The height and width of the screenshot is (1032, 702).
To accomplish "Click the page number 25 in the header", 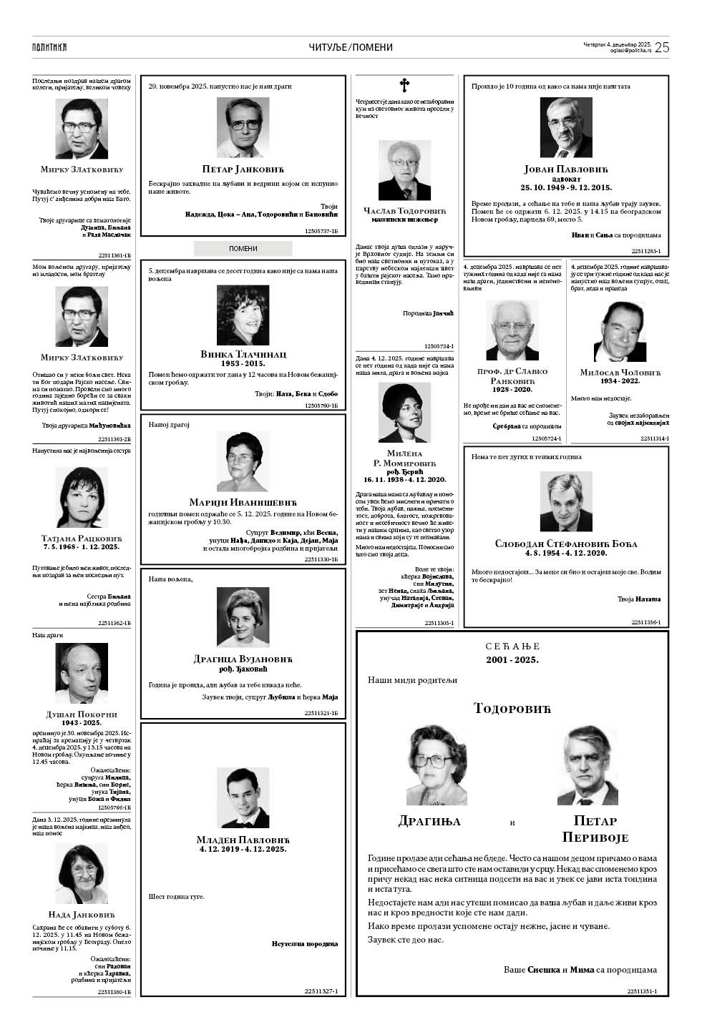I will tap(662, 48).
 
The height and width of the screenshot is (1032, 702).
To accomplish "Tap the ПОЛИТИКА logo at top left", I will tap(49, 48).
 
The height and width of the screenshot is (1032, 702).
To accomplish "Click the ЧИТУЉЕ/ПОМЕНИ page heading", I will tap(351, 48).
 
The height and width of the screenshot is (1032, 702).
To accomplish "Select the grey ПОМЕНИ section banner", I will tap(243, 248).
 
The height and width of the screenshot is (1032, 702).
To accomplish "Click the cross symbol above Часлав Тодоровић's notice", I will tap(404, 86).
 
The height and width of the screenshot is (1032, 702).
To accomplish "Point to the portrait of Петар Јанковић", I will tap(243, 127).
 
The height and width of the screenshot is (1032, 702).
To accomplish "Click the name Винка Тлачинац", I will tap(243, 354).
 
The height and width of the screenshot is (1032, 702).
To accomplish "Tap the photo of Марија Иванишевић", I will tap(243, 458).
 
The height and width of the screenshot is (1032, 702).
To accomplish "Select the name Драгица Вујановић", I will tap(243, 659).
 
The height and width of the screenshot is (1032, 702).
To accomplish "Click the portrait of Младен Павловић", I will tap(243, 798).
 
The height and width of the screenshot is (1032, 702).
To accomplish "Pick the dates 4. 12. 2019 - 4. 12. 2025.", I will tap(243, 849).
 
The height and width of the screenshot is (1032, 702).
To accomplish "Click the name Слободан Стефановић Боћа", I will tap(565, 544).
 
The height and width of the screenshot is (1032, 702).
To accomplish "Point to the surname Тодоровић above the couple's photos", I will tap(512, 708).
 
